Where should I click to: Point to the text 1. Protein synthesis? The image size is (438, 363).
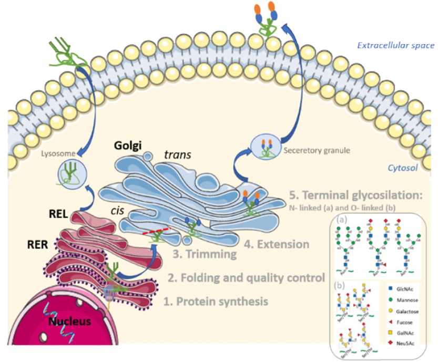tap(216, 302)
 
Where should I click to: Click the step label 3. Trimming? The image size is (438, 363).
tap(202, 255)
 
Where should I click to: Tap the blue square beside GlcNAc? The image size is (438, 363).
tap(390, 288)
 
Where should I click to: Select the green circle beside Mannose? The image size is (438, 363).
tap(390, 299)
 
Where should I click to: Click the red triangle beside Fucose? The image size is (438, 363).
tap(390, 321)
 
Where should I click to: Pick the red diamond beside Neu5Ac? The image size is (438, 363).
tap(390, 344)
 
